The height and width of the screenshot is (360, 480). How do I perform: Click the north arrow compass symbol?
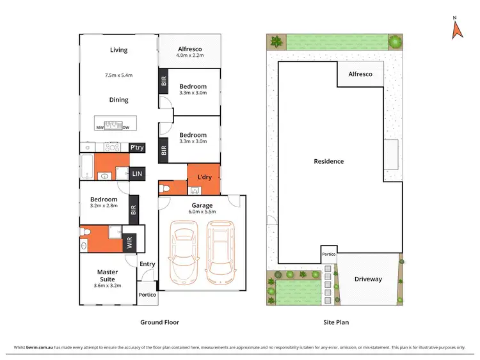click(457, 29)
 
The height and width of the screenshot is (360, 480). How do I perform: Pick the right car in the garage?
click(220, 252)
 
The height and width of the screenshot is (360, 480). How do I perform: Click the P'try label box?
click(136, 148)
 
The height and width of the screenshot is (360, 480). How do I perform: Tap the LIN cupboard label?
click(136, 173)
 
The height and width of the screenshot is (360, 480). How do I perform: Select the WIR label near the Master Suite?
click(129, 243)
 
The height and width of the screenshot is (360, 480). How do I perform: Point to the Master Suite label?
click(108, 276)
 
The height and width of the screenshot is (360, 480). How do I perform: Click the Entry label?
click(147, 264)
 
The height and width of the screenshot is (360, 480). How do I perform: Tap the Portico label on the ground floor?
click(148, 295)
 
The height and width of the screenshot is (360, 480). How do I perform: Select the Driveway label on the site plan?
click(367, 279)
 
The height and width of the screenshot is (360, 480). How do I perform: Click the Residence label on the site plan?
click(329, 161)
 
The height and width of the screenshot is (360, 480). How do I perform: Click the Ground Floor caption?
click(159, 323)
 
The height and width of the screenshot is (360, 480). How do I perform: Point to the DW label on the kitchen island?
click(125, 128)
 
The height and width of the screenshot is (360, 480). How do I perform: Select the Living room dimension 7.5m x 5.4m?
click(118, 75)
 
